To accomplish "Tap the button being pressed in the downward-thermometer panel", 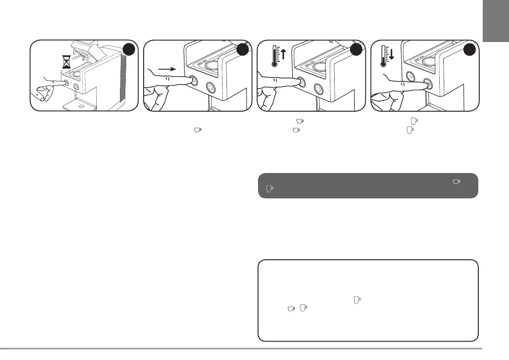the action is (428, 85).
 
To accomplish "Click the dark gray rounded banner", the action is (368, 186).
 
